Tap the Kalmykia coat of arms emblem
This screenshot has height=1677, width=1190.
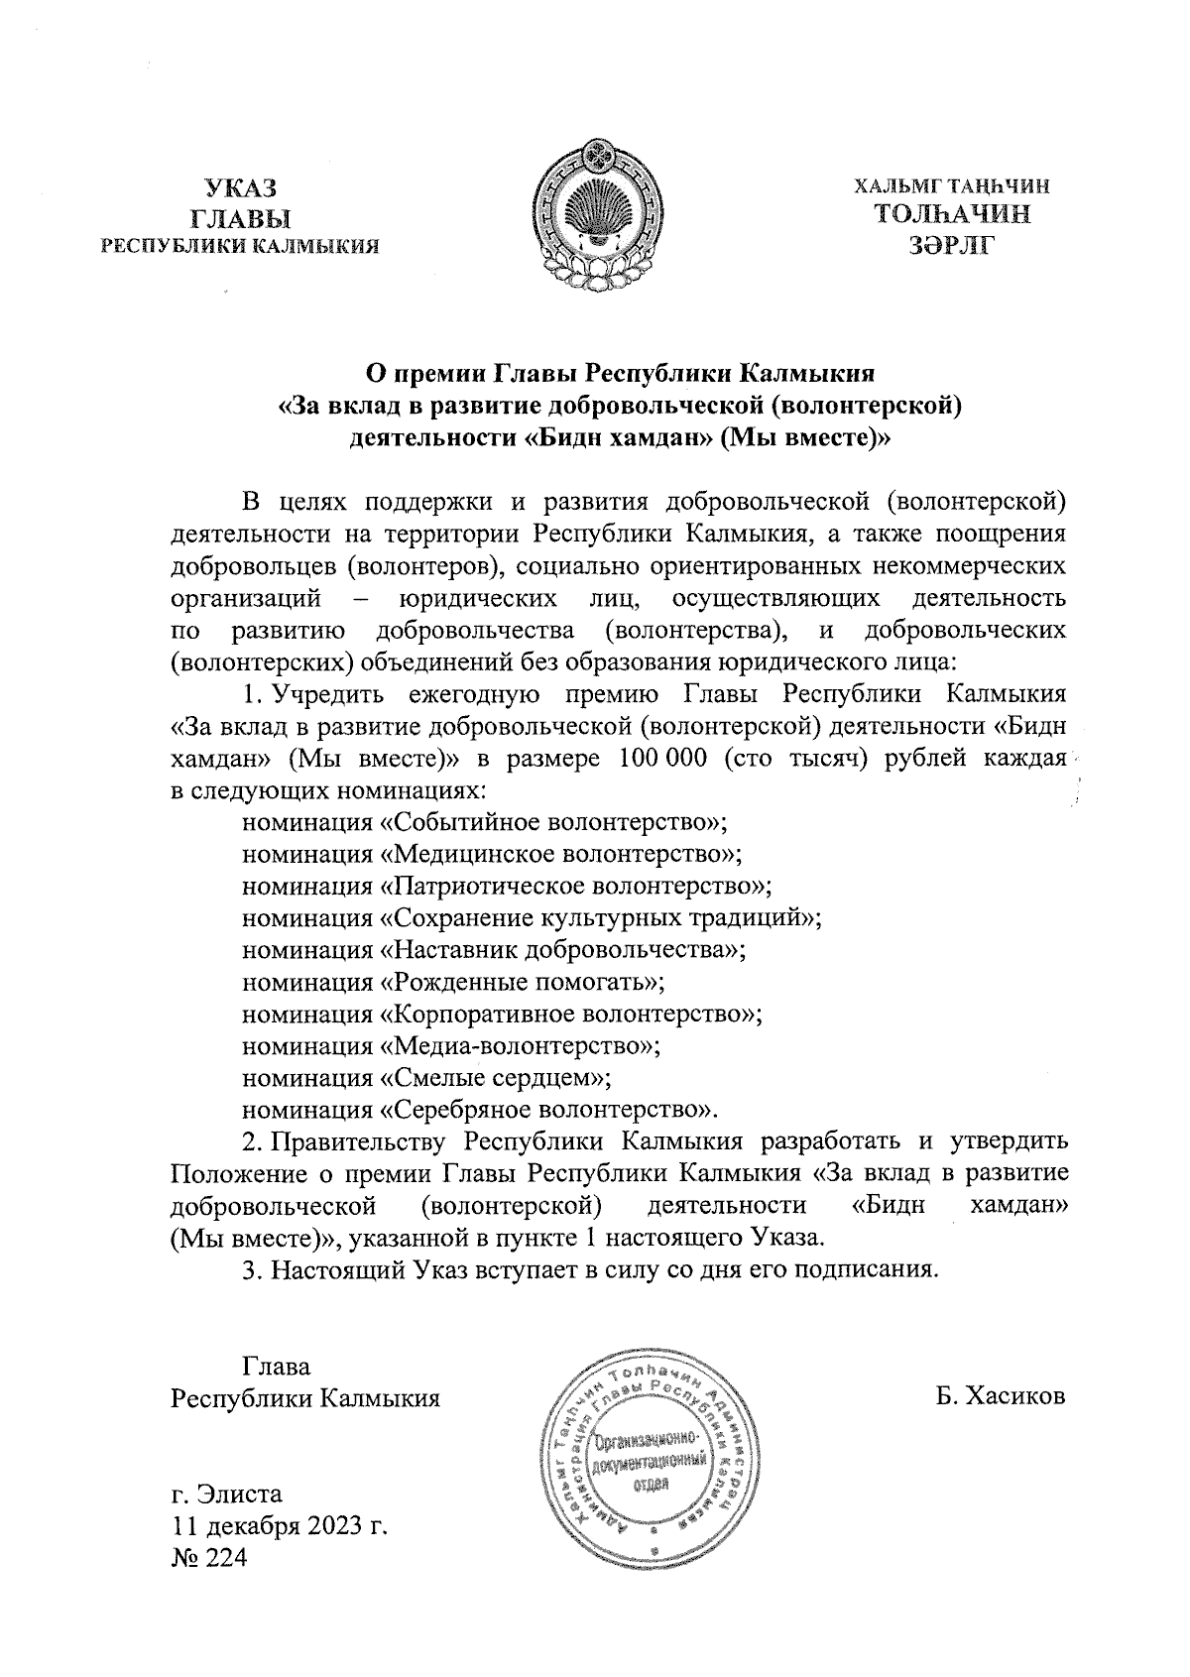tap(596, 212)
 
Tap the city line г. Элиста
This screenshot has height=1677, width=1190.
tap(227, 1494)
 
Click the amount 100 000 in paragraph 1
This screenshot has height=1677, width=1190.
tap(661, 760)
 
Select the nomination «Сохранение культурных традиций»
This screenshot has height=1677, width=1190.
tap(600, 918)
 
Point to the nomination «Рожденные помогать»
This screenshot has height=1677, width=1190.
tap(523, 982)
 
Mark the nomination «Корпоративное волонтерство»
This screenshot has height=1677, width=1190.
tap(571, 1014)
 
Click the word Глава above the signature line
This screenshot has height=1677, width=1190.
tap(277, 1367)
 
